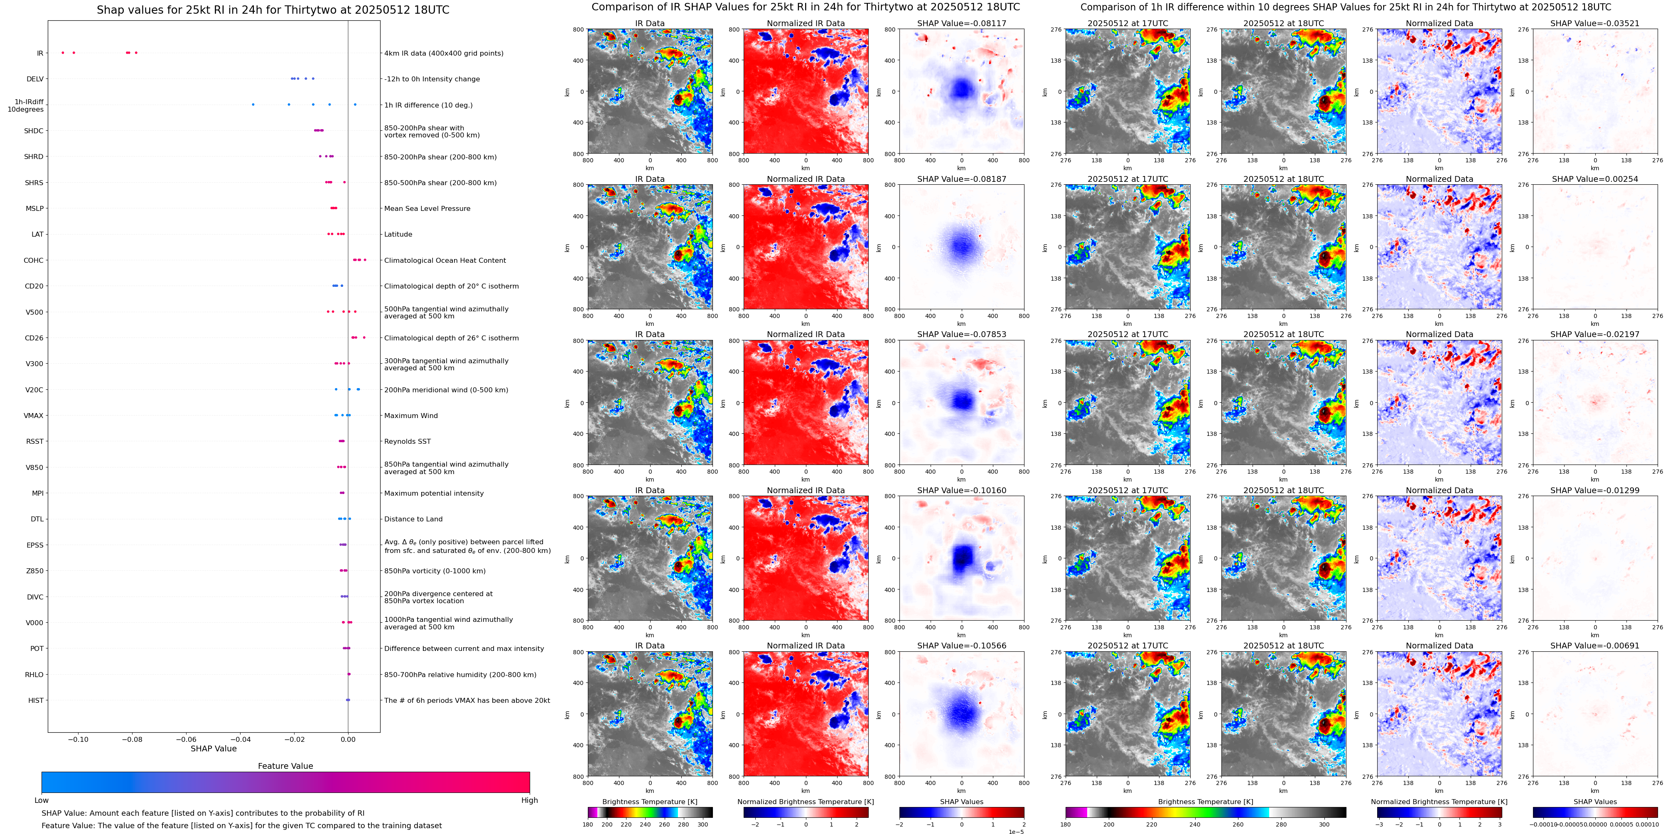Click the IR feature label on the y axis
pyautogui.click(x=39, y=53)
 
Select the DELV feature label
pyautogui.click(x=35, y=79)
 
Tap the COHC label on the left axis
pyautogui.click(x=34, y=260)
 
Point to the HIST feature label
pyautogui.click(x=36, y=700)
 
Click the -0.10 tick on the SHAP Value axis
pyautogui.click(x=79, y=739)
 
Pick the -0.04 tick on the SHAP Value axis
pyautogui.click(x=240, y=739)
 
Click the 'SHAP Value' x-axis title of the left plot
pyautogui.click(x=213, y=748)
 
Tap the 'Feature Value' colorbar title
pyautogui.click(x=285, y=766)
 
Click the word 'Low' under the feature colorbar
pyautogui.click(x=42, y=800)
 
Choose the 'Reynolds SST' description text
pyautogui.click(x=407, y=441)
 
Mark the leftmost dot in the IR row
pyautogui.click(x=63, y=52)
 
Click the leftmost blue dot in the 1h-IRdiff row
pyautogui.click(x=253, y=104)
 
